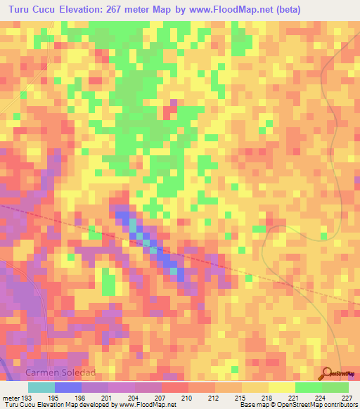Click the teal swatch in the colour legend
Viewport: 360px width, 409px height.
pyautogui.click(x=41, y=387)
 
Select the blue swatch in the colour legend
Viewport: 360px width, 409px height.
pyautogui.click(x=67, y=387)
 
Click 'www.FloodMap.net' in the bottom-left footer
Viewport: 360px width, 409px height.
pyautogui.click(x=148, y=405)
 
